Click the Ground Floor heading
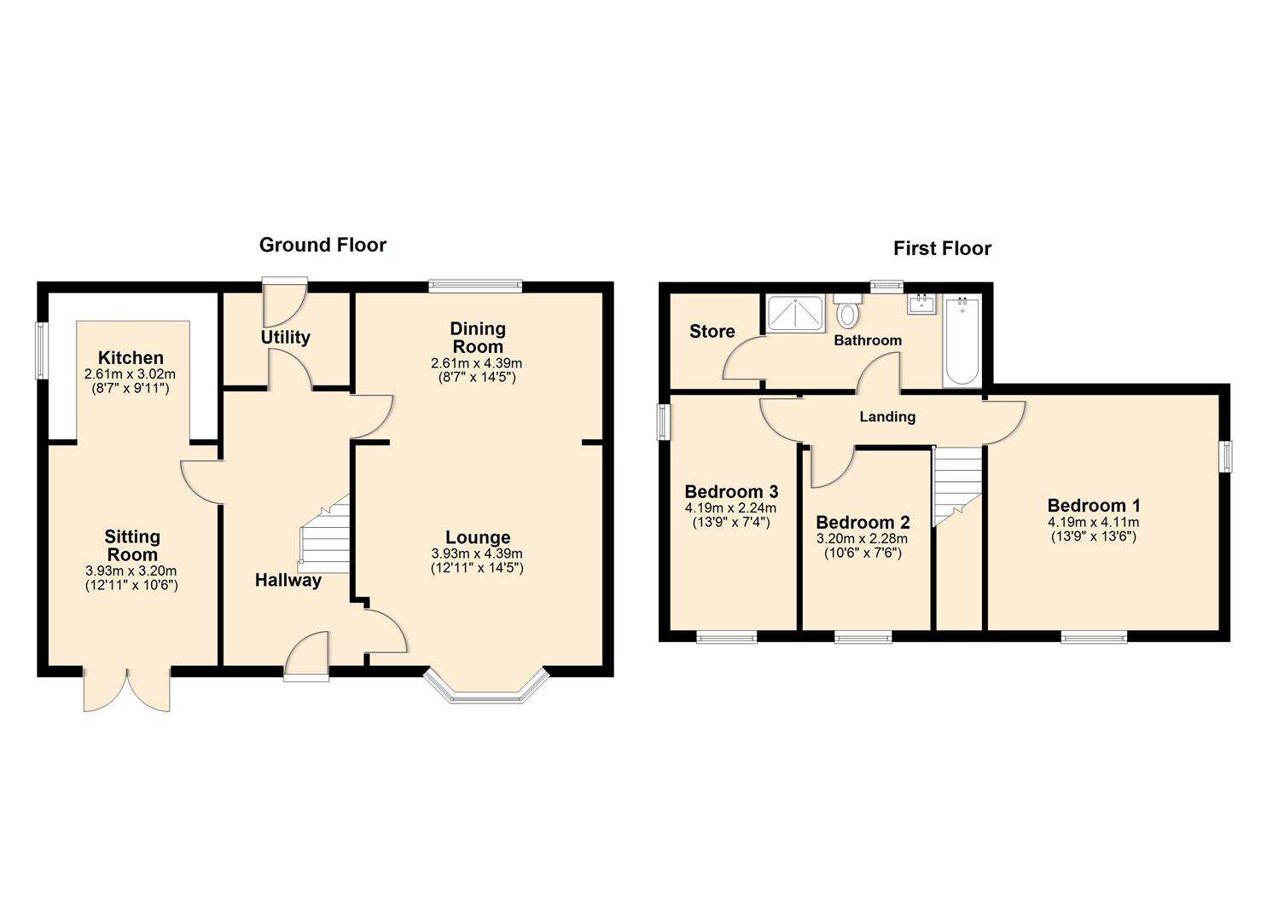[323, 246]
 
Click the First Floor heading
[942, 249]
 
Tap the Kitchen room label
[130, 358]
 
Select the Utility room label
[285, 338]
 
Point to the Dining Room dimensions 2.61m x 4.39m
[477, 363]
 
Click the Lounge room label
[478, 537]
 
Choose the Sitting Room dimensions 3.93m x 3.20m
[131, 571]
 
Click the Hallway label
[288, 581]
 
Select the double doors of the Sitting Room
[127, 690]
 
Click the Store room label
[712, 332]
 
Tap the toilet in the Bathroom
[847, 313]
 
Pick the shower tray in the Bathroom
[795, 313]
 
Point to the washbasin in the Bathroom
[921, 304]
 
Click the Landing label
[887, 417]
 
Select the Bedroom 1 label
[1093, 506]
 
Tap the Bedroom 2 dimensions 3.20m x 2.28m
[863, 539]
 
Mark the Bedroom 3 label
[731, 492]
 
